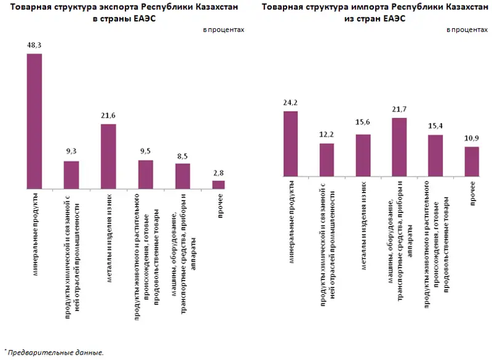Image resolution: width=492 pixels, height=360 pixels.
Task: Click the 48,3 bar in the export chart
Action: point(34,121)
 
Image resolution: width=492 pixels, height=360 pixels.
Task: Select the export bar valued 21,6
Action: point(108,156)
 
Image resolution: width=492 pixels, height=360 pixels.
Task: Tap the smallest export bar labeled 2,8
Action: point(218,184)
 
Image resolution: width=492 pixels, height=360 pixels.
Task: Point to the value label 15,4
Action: point(435,126)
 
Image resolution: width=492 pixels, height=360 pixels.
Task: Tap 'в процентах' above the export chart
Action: point(223,29)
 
